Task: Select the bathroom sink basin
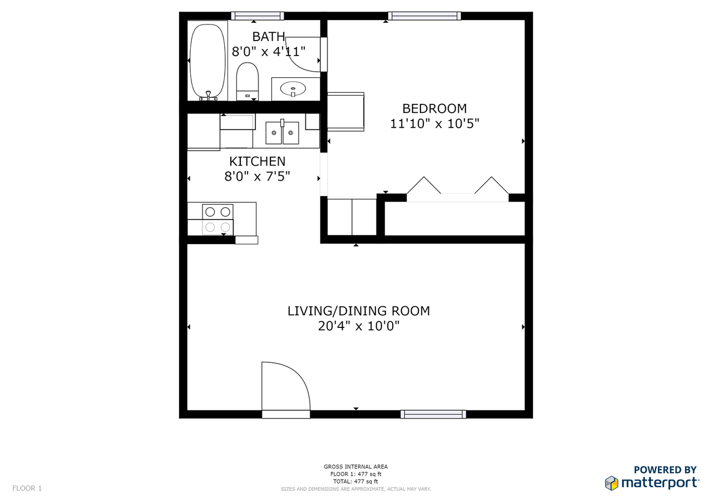293,88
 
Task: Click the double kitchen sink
282,133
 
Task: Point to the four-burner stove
217,219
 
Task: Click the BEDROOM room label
434,108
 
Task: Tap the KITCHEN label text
257,162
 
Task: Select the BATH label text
269,37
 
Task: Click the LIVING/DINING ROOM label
358,311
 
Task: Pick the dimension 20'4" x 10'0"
358,326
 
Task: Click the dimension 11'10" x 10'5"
434,123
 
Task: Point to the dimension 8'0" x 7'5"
257,177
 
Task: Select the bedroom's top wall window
424,16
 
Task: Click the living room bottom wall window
433,414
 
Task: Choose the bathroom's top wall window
257,16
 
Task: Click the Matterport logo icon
611,482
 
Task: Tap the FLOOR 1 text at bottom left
27,489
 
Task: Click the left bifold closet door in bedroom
424,186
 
